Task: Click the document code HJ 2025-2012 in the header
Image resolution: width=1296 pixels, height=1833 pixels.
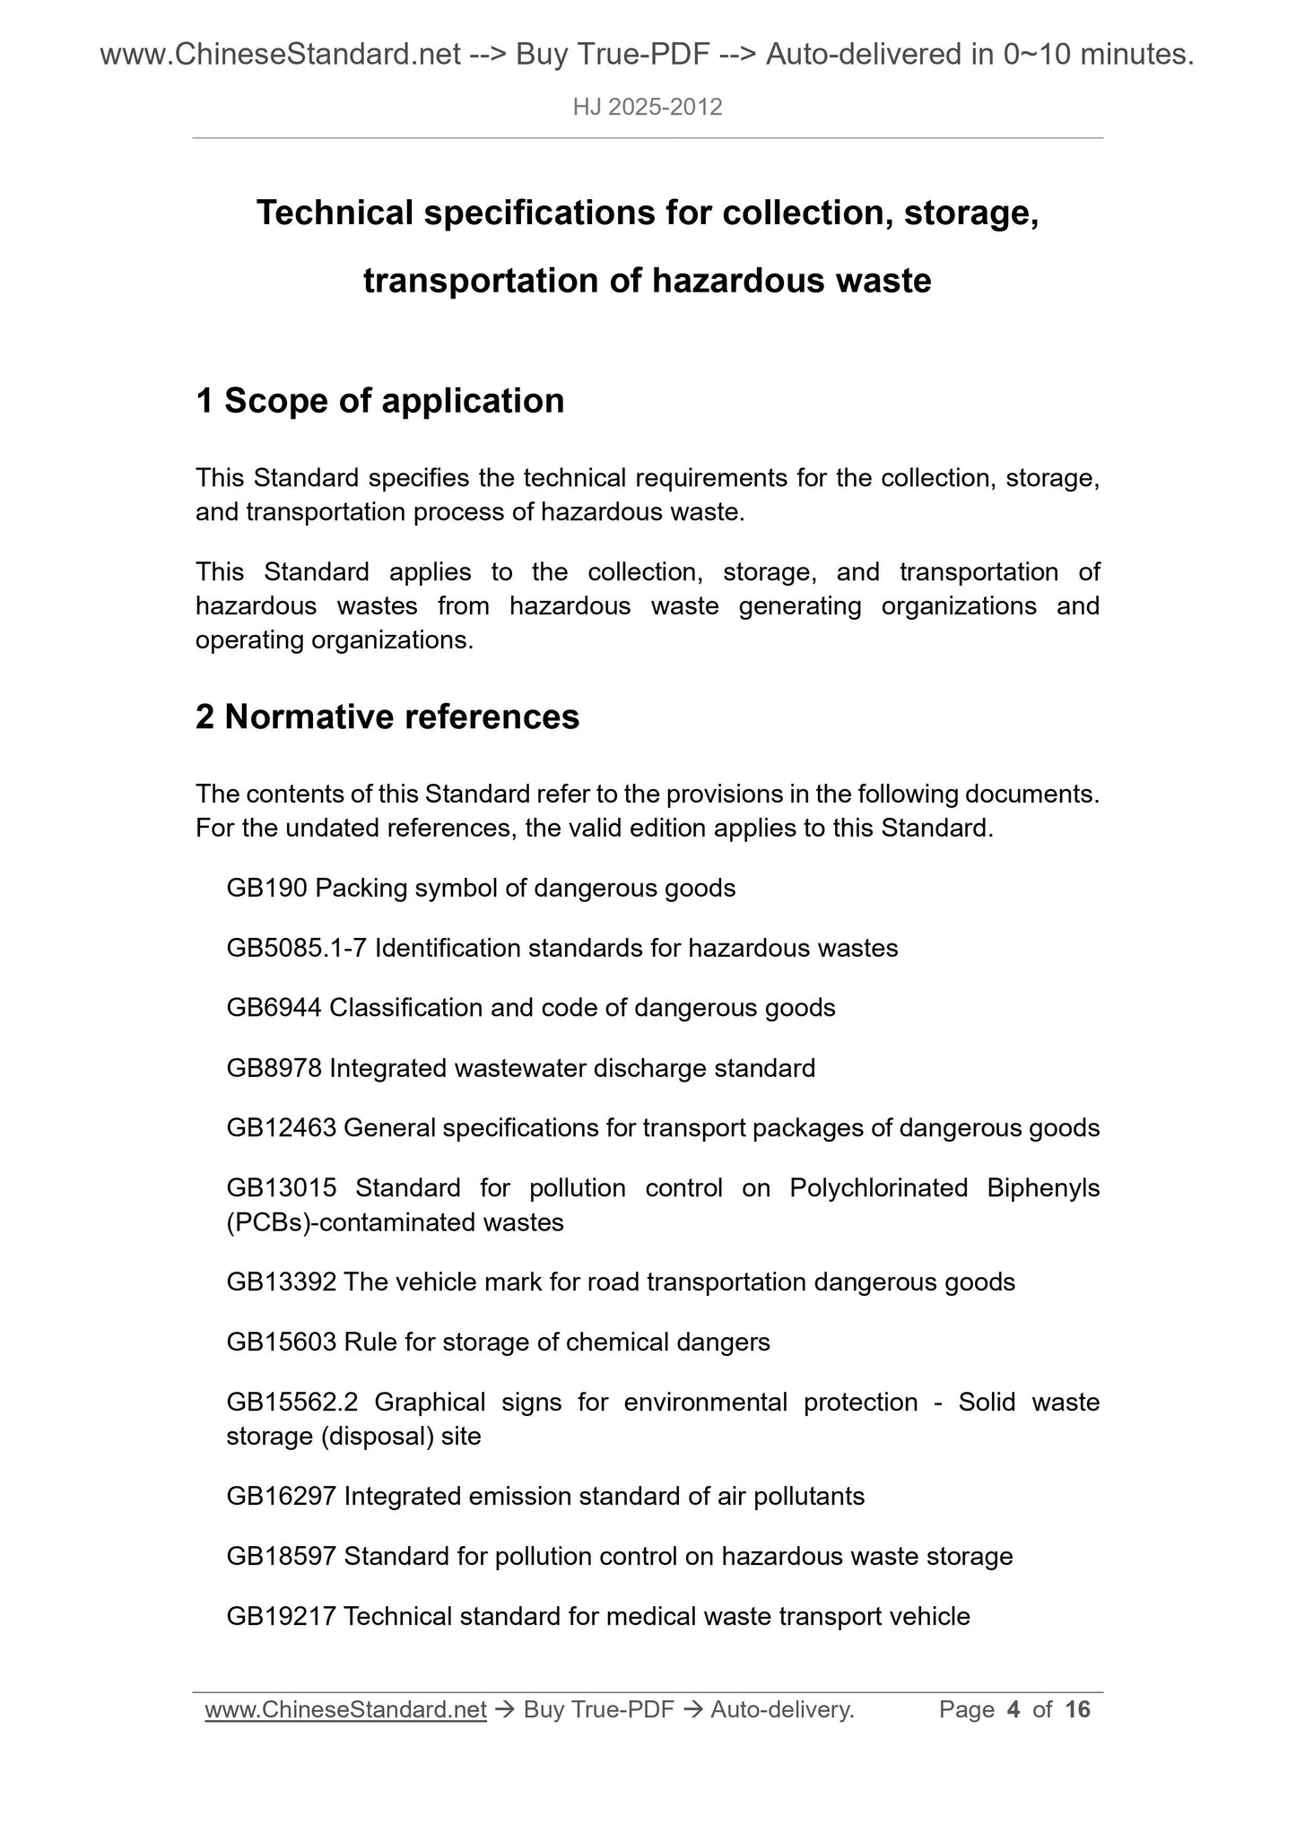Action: point(648,108)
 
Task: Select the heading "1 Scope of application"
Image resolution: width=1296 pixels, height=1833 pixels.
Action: point(379,401)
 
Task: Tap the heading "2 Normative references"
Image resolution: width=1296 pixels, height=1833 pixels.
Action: point(387,717)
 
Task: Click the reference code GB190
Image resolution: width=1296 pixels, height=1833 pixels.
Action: point(267,889)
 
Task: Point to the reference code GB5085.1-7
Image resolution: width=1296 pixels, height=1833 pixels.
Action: point(297,948)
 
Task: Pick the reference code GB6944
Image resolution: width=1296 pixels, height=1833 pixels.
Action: point(274,1008)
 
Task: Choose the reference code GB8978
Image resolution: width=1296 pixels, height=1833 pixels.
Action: point(274,1068)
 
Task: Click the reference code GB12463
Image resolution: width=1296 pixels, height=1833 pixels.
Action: point(281,1128)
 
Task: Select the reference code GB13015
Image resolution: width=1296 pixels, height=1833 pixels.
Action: point(281,1188)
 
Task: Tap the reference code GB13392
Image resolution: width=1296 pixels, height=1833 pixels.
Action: point(281,1282)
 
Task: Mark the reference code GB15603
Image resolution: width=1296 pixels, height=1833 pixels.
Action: point(281,1342)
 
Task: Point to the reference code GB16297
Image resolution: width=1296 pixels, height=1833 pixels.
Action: point(281,1497)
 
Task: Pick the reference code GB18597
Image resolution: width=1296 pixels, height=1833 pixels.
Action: point(281,1557)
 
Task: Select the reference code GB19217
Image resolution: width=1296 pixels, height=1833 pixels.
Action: point(281,1617)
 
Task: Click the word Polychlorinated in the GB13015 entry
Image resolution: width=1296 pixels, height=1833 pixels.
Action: point(878,1188)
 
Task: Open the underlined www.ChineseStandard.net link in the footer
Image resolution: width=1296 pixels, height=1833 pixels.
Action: point(345,1710)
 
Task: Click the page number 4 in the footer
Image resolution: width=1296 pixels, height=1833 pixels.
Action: point(1013,1710)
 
